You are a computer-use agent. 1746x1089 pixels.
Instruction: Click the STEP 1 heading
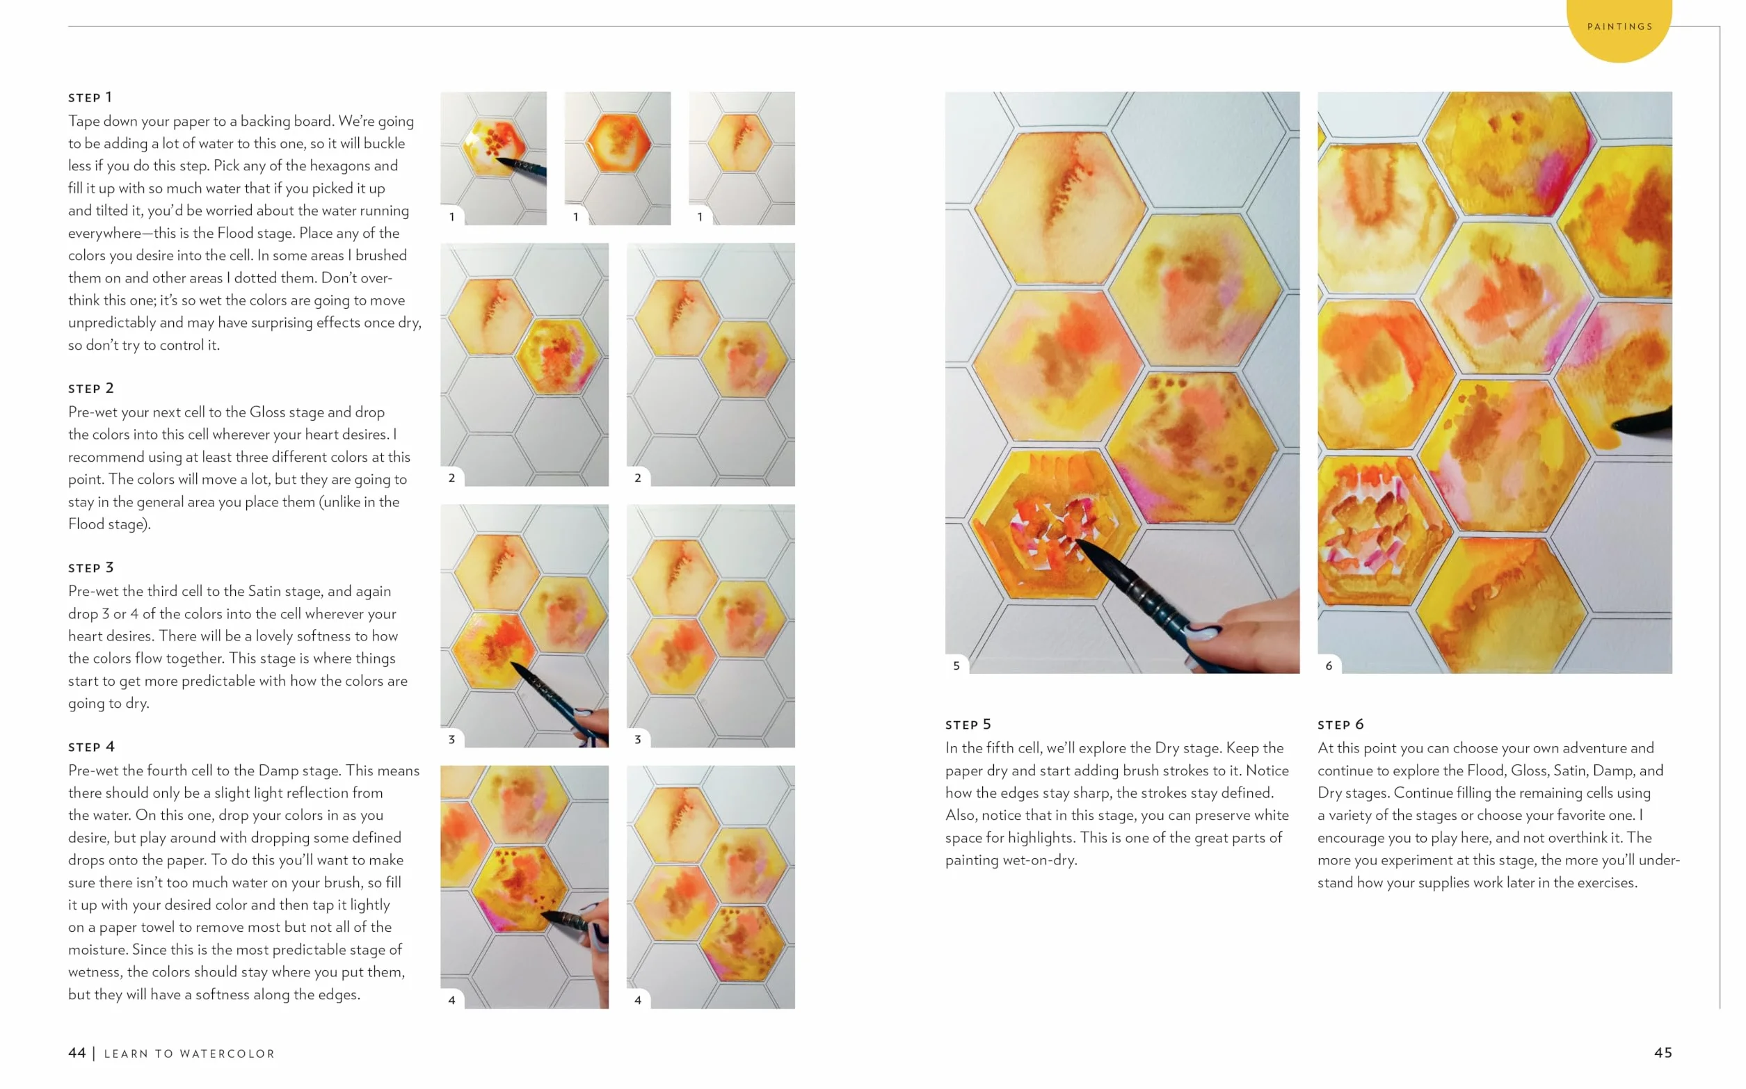(x=90, y=97)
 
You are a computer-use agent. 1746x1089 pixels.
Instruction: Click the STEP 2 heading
(x=90, y=388)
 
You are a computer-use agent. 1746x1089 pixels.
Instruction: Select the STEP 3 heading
(x=90, y=567)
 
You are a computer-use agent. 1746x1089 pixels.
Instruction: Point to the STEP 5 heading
(x=968, y=725)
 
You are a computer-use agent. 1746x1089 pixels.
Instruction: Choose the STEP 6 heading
(x=1340, y=725)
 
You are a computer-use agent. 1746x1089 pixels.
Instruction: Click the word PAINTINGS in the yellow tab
(x=1619, y=26)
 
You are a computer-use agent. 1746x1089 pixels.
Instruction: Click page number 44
(x=77, y=1053)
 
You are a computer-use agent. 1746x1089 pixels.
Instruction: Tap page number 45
(x=1663, y=1053)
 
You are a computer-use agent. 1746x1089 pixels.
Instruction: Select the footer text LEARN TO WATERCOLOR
(x=189, y=1054)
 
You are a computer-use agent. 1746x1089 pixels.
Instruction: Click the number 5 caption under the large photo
(x=956, y=665)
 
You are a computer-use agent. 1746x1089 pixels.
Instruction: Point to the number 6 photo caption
(x=1329, y=665)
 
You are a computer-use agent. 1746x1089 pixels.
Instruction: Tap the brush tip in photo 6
(x=1615, y=425)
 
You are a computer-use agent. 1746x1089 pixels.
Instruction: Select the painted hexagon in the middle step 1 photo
(x=618, y=143)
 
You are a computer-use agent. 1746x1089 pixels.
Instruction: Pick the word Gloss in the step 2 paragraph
(x=267, y=412)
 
